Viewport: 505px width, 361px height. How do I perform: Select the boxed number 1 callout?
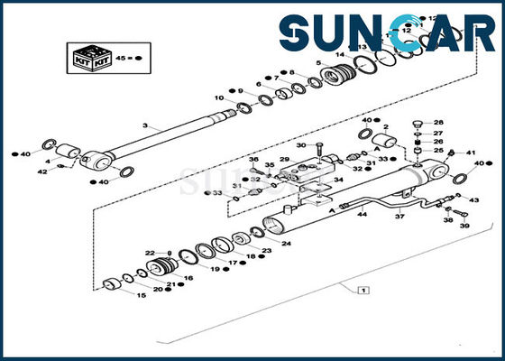[x=362, y=291]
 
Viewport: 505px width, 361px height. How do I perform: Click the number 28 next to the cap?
[x=439, y=123]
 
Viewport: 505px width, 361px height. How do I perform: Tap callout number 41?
[x=469, y=152]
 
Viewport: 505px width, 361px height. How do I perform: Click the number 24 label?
[x=286, y=244]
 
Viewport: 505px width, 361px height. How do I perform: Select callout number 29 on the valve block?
[x=284, y=160]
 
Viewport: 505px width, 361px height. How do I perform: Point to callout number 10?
[x=219, y=97]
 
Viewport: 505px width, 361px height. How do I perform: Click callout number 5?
[x=318, y=63]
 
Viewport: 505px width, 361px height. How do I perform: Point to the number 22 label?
[x=148, y=254]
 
